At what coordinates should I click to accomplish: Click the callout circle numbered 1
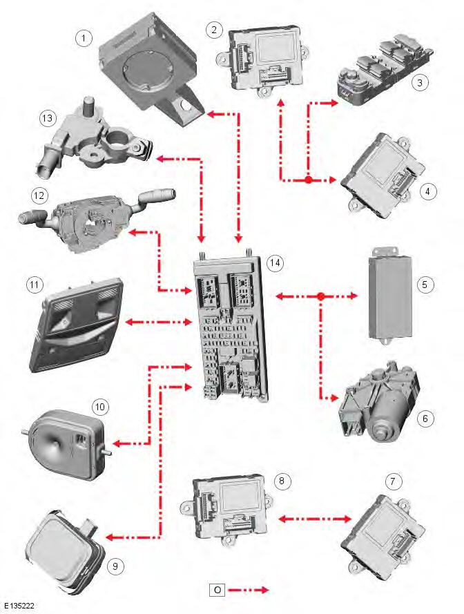[x=84, y=38]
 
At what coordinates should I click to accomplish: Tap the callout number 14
[x=275, y=263]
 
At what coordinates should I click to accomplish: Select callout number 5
[x=426, y=284]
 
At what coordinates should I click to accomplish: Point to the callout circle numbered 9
[x=116, y=566]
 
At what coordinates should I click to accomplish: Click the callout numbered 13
[x=47, y=118]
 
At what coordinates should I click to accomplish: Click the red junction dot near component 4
[x=309, y=180]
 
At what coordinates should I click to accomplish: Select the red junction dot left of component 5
[x=321, y=297]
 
